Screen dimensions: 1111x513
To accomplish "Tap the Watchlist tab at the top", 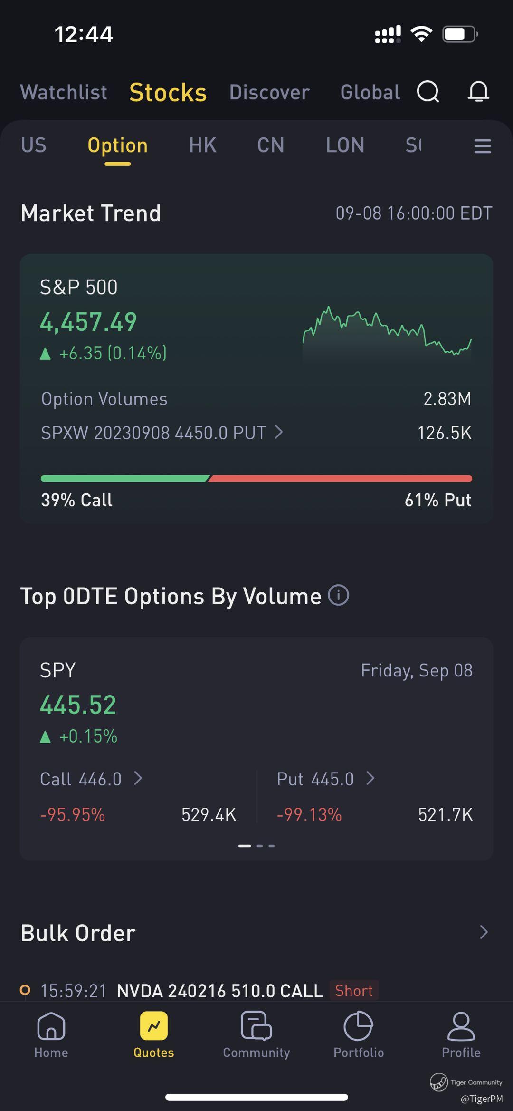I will [64, 92].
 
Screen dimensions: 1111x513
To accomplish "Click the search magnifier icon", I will [428, 91].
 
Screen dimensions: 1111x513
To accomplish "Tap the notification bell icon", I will [478, 91].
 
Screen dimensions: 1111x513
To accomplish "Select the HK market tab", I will [203, 145].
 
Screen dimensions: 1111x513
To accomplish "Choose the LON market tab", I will [345, 145].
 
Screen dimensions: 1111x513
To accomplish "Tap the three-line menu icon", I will [482, 146].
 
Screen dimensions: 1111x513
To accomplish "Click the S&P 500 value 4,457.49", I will [88, 322].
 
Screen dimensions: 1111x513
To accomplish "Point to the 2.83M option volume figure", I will [447, 399].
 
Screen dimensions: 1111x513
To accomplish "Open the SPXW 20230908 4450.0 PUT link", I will [161, 433].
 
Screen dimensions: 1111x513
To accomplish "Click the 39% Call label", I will [76, 500].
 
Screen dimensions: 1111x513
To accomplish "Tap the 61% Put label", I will [437, 500].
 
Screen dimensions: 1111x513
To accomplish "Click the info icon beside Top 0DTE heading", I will [339, 595].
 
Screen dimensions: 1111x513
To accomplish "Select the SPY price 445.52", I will [78, 705].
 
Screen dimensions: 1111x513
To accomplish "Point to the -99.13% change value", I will [309, 815].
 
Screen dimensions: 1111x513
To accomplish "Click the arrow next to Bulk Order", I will [484, 932].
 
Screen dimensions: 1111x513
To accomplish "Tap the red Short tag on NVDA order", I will [354, 991].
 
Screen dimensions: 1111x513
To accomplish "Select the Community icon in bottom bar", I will [256, 1027].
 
